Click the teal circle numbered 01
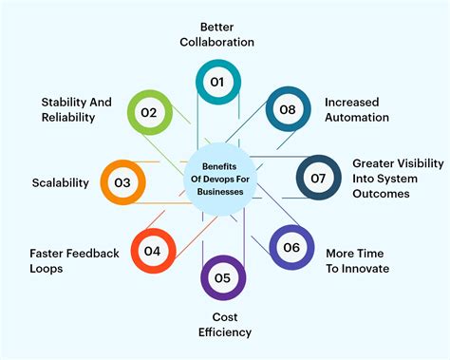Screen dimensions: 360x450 click(217, 83)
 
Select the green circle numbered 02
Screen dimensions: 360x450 click(149, 112)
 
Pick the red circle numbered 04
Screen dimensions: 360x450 click(153, 251)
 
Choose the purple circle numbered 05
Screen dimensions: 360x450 click(223, 278)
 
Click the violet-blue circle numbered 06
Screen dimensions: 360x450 click(291, 249)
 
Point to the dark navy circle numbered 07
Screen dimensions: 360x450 click(319, 179)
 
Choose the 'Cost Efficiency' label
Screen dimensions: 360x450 click(225, 324)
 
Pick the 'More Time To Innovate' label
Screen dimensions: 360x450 click(357, 261)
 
